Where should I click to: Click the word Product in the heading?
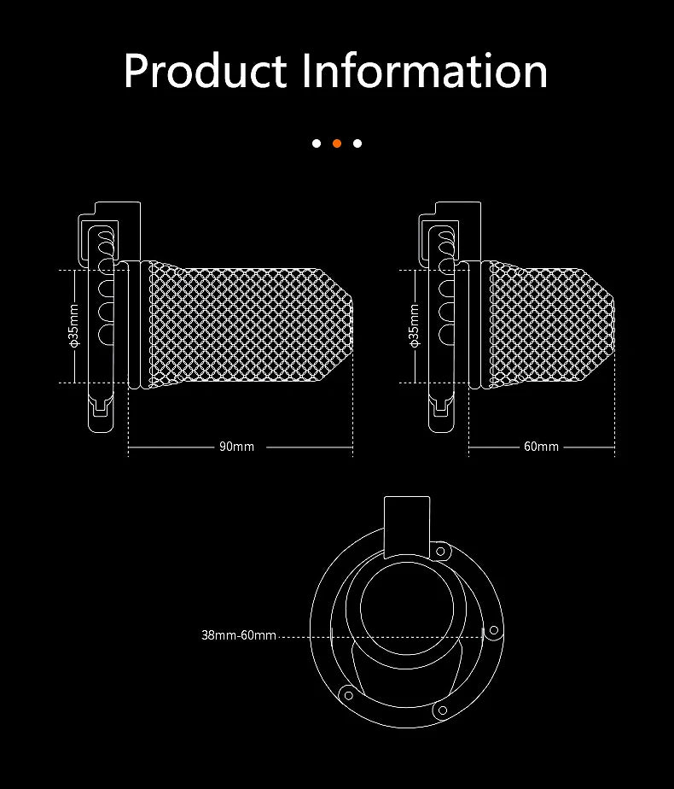tap(205, 71)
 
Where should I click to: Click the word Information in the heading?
tap(425, 71)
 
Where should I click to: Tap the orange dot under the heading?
tap(337, 143)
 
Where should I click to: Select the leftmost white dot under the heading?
tap(317, 143)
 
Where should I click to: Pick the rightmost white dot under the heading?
tap(357, 143)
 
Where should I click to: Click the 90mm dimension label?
tap(236, 447)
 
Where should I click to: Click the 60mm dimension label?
tap(541, 447)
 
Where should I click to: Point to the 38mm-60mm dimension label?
tap(239, 635)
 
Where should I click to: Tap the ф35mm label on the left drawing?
tap(74, 325)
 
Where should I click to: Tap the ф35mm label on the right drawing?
tap(414, 325)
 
